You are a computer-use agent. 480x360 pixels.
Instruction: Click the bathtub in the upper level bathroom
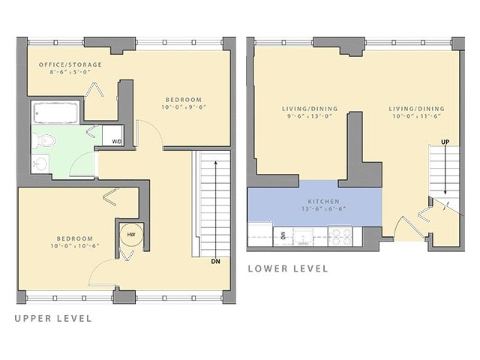pyautogui.click(x=55, y=114)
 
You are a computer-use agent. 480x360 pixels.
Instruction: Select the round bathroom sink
pyautogui.click(x=40, y=163)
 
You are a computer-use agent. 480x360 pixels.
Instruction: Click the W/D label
pyautogui.click(x=116, y=141)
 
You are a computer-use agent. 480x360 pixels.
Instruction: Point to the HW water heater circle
pyautogui.click(x=130, y=235)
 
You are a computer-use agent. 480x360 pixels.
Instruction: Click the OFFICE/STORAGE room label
pyautogui.click(x=70, y=65)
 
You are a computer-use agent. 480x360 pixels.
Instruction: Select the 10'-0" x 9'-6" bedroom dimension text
pyautogui.click(x=184, y=107)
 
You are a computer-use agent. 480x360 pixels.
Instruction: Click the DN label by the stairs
pyautogui.click(x=215, y=261)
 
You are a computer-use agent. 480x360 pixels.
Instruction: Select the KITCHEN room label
pyautogui.click(x=324, y=202)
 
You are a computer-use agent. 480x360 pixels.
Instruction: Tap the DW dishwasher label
pyautogui.click(x=283, y=235)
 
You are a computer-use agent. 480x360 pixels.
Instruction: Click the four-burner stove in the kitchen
pyautogui.click(x=339, y=237)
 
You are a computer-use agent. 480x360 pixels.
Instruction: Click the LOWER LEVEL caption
pyautogui.click(x=287, y=268)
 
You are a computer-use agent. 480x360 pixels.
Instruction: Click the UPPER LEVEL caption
pyautogui.click(x=53, y=318)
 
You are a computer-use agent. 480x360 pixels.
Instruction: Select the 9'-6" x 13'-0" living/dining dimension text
pyautogui.click(x=310, y=117)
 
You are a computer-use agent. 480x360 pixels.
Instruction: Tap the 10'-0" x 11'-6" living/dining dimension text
pyautogui.click(x=416, y=117)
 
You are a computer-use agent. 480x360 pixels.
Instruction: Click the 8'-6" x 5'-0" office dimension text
pyautogui.click(x=70, y=73)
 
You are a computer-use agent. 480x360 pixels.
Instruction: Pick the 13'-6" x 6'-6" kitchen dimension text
pyautogui.click(x=324, y=210)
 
